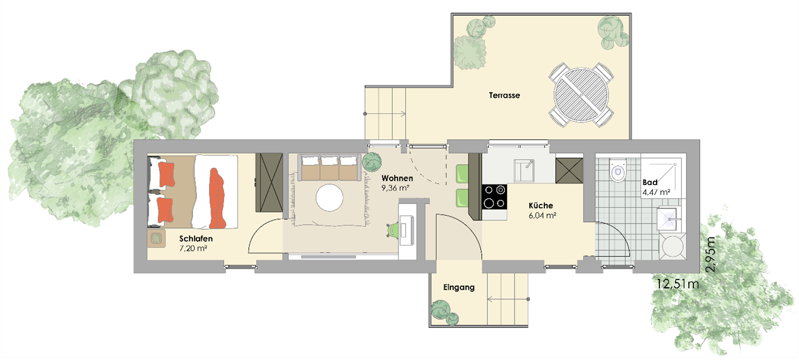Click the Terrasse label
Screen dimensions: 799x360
point(504,95)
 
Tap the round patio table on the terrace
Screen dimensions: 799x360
point(581,95)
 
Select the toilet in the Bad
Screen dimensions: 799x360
point(618,170)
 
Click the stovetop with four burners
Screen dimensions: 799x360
point(494,197)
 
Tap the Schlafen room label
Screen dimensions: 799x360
point(196,239)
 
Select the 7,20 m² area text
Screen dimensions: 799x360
point(193,249)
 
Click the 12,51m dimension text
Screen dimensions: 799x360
point(677,284)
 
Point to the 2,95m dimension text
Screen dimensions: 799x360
point(710,254)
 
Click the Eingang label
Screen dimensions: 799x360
point(459,287)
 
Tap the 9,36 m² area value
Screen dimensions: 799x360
point(395,188)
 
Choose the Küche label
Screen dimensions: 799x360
point(541,206)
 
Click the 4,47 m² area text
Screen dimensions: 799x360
point(656,193)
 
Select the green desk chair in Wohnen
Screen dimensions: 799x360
point(392,230)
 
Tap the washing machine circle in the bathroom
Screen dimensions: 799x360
point(672,246)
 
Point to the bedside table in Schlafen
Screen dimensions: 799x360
point(156,238)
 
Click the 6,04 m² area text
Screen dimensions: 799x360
point(542,216)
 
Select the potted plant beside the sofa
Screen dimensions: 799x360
point(372,162)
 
